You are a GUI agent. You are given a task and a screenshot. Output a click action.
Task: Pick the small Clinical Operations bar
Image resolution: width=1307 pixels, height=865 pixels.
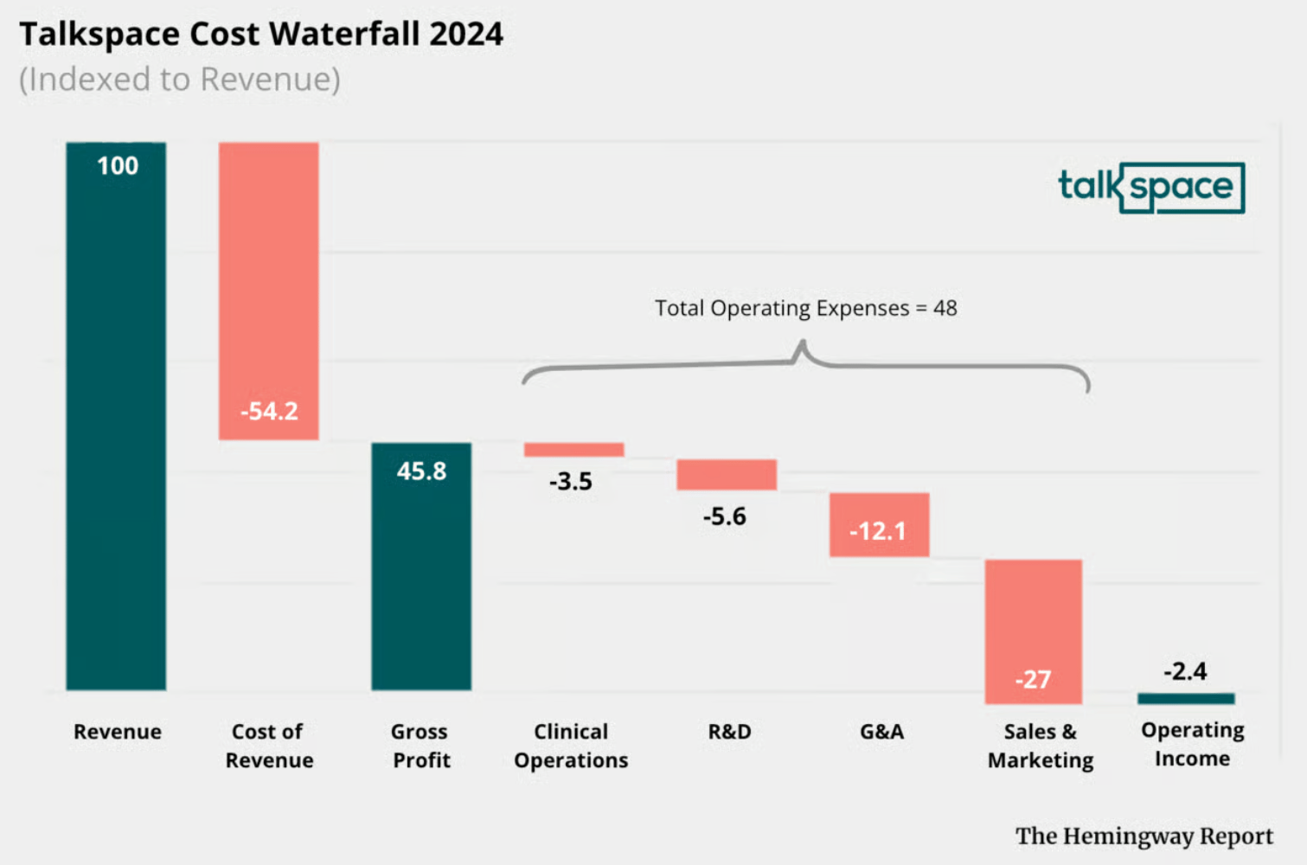click(573, 450)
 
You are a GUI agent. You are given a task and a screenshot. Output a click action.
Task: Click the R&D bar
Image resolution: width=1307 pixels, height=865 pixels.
click(727, 475)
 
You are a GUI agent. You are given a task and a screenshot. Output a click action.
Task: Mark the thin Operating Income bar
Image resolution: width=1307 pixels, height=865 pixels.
click(1186, 698)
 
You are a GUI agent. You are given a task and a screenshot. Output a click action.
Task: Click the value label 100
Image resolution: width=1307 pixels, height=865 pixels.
click(118, 165)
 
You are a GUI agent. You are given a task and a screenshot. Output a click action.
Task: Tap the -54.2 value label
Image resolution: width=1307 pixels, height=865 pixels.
click(269, 411)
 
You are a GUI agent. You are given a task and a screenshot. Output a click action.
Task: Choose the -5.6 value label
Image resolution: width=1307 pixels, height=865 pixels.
click(724, 516)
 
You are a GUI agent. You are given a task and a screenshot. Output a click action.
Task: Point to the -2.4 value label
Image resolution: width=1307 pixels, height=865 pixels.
click(1185, 671)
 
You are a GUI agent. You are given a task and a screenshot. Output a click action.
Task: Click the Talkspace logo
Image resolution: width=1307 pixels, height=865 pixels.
click(1151, 187)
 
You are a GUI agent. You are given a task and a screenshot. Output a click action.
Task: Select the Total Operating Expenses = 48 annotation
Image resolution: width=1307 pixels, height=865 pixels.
click(805, 308)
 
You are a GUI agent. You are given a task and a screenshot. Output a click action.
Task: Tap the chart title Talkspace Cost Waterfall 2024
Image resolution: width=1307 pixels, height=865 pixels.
click(261, 35)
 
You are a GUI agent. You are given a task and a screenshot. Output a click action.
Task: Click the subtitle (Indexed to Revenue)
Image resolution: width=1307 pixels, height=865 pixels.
click(180, 80)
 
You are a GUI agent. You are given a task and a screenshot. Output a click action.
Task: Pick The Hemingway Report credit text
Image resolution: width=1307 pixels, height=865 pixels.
click(1144, 836)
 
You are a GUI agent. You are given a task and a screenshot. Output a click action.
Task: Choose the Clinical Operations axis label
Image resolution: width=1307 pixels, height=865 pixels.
click(571, 746)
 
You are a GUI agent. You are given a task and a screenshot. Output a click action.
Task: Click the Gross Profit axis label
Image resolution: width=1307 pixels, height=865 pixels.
click(420, 746)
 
